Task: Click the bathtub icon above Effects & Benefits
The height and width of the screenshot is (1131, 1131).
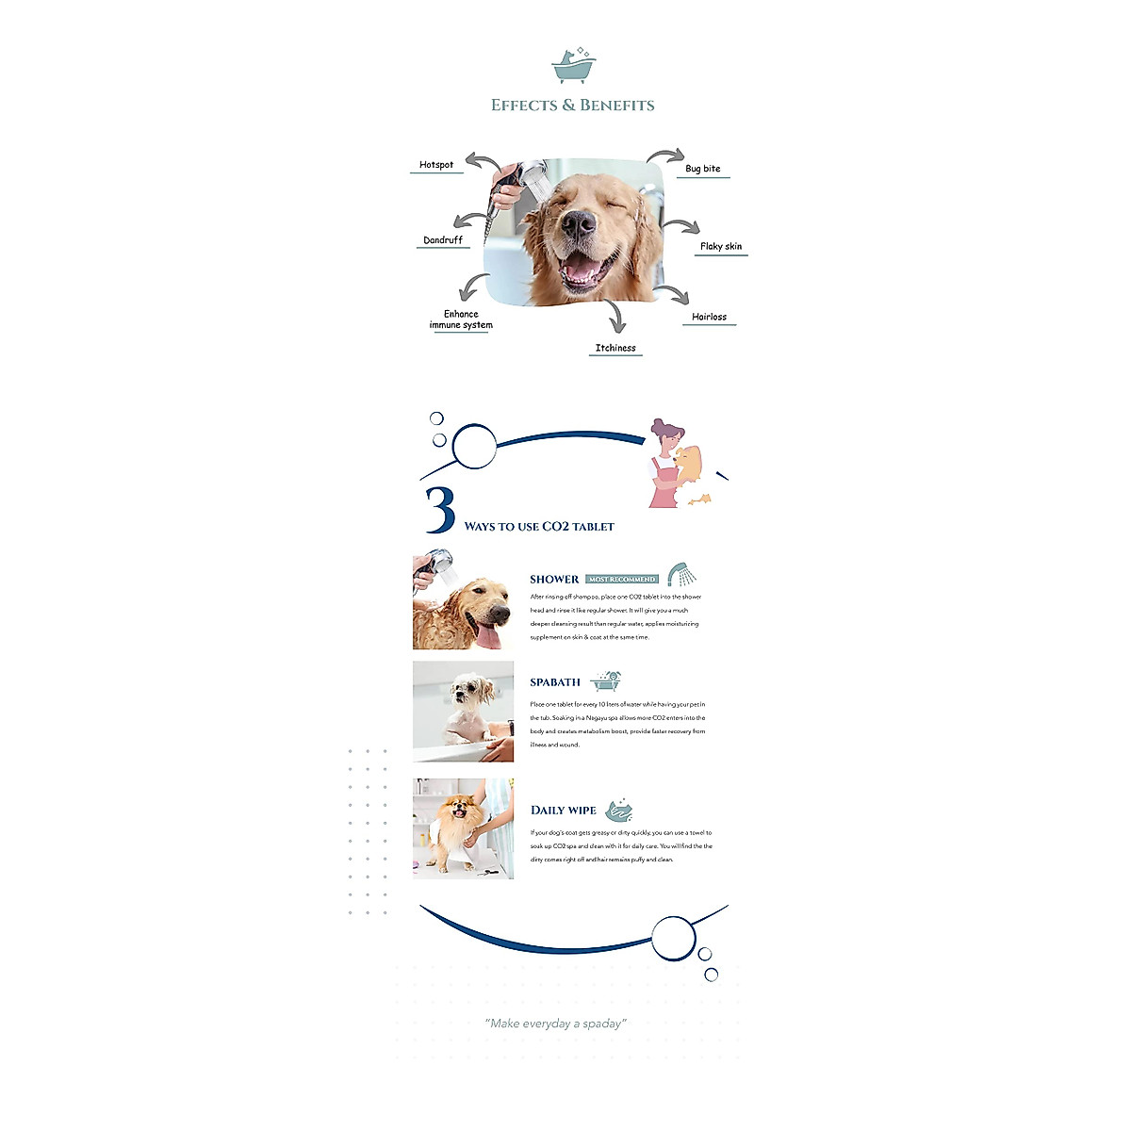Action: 573,66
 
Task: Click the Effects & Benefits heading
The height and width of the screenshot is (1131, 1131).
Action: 572,106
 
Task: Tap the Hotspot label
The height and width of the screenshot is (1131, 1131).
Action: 436,165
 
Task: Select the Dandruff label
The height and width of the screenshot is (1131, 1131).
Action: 443,240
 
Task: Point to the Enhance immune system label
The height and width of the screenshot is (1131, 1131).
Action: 461,320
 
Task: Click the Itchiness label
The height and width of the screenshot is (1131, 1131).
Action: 615,348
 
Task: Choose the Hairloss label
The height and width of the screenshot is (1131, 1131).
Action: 709,317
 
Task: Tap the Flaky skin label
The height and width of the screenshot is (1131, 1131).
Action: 720,246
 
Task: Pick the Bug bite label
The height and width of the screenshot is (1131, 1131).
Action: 702,169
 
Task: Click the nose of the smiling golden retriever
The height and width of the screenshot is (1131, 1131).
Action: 579,223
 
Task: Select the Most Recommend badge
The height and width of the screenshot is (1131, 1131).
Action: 621,579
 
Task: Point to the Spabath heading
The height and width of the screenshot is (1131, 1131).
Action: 555,682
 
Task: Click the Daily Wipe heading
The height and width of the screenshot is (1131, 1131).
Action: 564,810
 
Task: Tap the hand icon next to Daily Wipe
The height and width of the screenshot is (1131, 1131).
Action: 619,809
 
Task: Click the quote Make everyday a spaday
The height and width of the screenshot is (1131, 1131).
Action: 556,1024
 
